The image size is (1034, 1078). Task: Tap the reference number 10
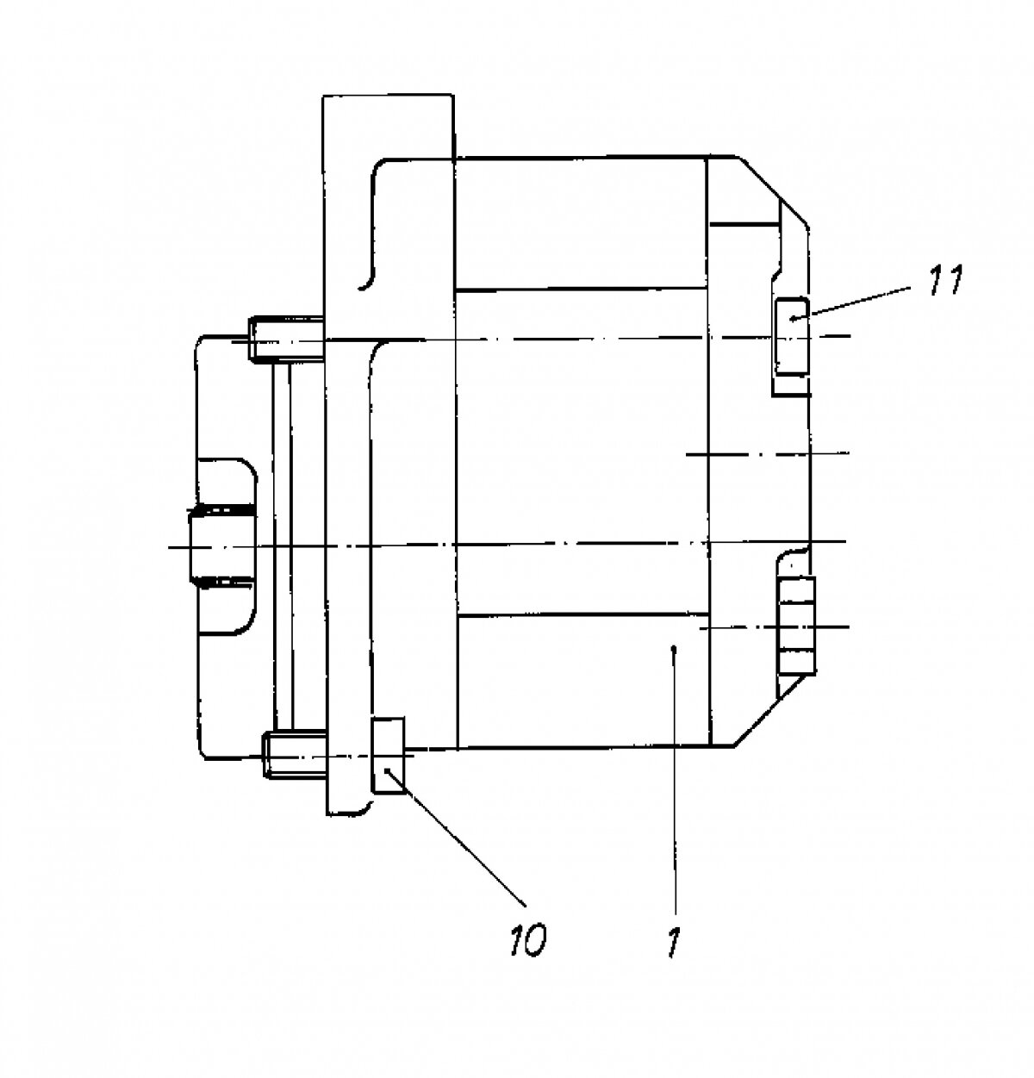528,939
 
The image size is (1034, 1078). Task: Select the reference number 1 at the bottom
674,943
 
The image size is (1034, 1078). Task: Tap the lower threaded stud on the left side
293,754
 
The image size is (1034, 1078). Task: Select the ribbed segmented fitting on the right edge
795,625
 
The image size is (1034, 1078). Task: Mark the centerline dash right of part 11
832,333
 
